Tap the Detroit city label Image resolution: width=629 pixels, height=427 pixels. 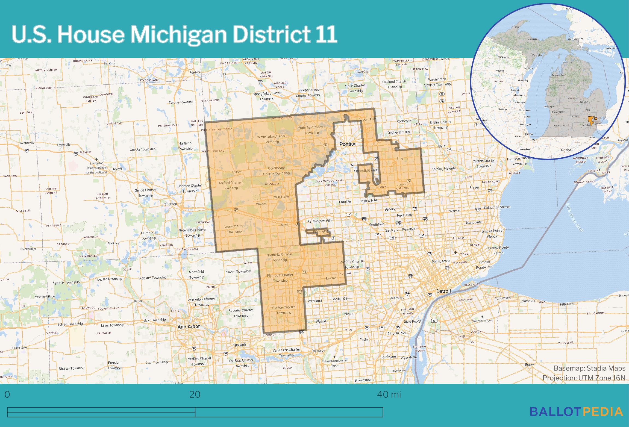coord(443,291)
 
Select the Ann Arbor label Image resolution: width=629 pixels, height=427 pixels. coord(189,326)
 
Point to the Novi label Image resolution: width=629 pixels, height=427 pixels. coord(284,225)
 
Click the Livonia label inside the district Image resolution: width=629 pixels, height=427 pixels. coord(331,278)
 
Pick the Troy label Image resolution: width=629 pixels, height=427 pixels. coord(400,158)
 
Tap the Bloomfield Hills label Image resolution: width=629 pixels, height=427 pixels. coord(366,170)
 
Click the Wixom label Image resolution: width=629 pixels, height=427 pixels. coord(261,204)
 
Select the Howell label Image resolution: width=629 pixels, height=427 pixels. coord(117,169)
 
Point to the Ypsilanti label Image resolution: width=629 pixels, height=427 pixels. coord(239,345)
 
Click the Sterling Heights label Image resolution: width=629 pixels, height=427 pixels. coord(444,169)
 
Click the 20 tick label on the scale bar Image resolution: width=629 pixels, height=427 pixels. coord(195,394)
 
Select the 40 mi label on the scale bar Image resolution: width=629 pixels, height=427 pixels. coord(389,394)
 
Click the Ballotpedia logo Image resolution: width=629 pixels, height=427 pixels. coord(577,411)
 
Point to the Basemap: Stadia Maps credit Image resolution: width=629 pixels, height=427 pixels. coord(589,368)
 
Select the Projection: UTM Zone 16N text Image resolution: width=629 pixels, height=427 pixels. coord(584,378)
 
